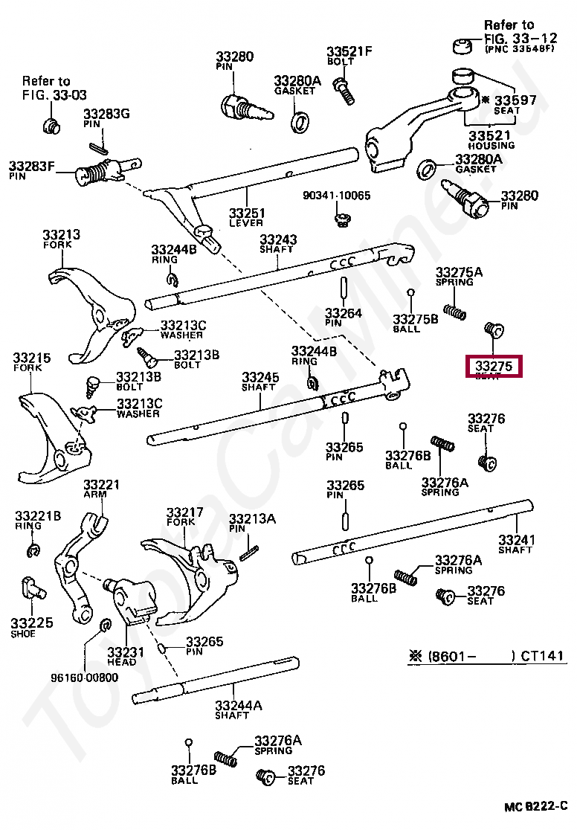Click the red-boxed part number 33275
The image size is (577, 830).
494,366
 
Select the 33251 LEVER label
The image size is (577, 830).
247,217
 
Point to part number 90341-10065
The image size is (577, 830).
336,196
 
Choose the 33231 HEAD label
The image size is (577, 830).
121,656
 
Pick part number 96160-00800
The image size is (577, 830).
84,678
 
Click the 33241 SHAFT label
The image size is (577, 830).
515,544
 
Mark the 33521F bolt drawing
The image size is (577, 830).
345,91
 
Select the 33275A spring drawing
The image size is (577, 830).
454,312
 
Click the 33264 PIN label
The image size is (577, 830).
344,318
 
